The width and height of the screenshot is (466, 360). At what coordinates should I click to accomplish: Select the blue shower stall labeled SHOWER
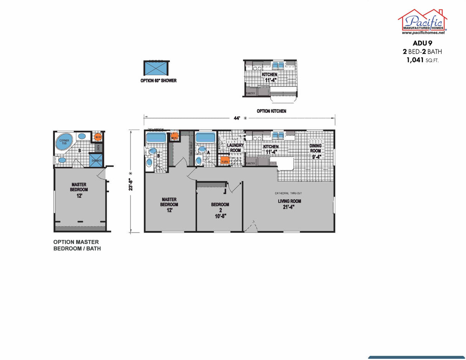tap(95, 160)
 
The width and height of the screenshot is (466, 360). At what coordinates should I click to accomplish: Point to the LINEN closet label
tap(98, 147)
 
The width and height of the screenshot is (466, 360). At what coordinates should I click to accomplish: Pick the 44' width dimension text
tap(237, 118)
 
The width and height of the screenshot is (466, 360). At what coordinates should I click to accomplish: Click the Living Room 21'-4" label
tap(289, 204)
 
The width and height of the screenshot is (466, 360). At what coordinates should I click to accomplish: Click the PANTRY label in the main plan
tap(250, 163)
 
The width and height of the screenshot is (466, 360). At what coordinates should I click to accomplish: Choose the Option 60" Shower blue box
tap(156, 68)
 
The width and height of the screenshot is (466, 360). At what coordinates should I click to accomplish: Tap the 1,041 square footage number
tap(415, 60)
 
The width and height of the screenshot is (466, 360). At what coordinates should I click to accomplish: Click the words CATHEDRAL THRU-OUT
tap(288, 193)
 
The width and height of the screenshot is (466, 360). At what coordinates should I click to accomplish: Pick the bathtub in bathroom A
tap(205, 138)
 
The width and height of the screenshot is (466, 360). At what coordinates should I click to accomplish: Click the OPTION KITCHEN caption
tap(271, 111)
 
